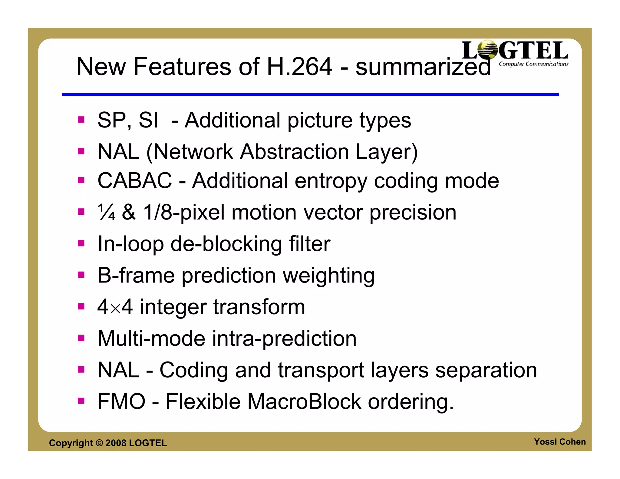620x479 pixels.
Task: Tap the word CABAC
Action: [x=135, y=181]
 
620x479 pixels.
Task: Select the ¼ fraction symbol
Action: [x=106, y=212]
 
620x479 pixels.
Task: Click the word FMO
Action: [x=121, y=401]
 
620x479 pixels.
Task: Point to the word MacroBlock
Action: [x=304, y=401]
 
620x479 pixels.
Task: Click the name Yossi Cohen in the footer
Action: [x=559, y=442]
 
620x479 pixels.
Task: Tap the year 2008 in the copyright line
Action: [x=116, y=443]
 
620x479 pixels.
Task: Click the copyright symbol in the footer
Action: [x=99, y=443]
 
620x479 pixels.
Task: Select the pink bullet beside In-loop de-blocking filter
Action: [x=81, y=243]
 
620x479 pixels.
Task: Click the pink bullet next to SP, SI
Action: [x=81, y=120]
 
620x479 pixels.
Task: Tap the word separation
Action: [x=486, y=370]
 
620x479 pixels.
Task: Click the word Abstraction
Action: [x=294, y=152]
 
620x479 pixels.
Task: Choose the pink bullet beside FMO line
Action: [x=81, y=401]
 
